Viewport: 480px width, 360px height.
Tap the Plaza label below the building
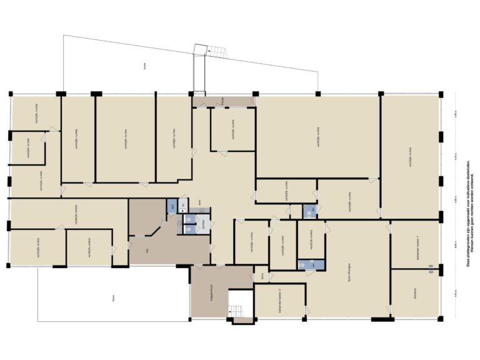click(x=113, y=299)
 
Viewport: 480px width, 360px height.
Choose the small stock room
click(x=263, y=274)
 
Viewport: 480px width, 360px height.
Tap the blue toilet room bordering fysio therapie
click(x=310, y=264)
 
